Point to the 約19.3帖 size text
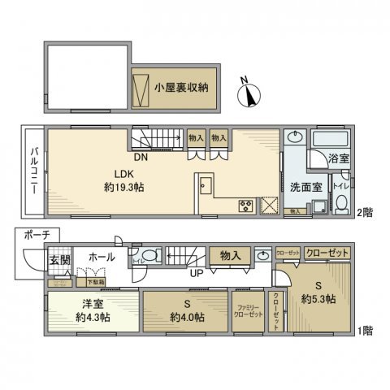click(x=124, y=187)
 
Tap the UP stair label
click(x=197, y=273)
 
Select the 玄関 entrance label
click(x=58, y=260)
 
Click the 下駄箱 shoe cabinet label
click(x=96, y=281)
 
